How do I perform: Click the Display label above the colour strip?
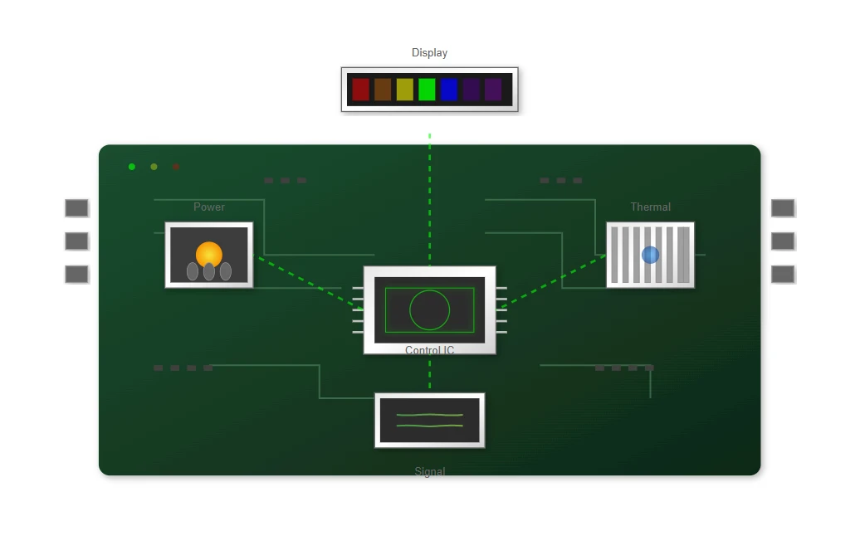[429, 52]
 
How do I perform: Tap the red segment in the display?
[361, 90]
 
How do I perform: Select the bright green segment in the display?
[427, 90]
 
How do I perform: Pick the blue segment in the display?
[448, 90]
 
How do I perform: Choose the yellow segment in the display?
[405, 90]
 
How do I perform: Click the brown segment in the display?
[383, 90]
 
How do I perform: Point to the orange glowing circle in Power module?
[209, 255]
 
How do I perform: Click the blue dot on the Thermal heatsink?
[651, 255]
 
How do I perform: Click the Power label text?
[209, 207]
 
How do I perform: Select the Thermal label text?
[651, 207]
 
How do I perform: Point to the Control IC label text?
[429, 350]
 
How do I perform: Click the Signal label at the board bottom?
[429, 471]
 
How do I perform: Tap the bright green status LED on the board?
[132, 167]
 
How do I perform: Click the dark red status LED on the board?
[175, 167]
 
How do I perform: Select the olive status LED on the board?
[154, 167]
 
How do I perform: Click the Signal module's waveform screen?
[429, 421]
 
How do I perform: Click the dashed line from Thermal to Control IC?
[554, 281]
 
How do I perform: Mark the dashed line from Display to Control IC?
[429, 200]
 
